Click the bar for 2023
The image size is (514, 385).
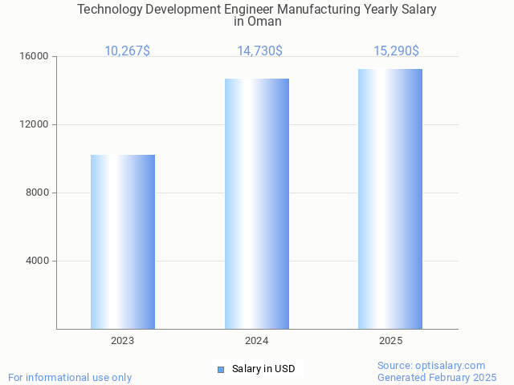coord(123,241)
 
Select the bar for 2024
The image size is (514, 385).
coord(257,204)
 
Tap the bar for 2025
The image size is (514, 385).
coord(390,199)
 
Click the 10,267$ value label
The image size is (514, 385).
coord(127,51)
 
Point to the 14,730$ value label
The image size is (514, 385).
coord(259,51)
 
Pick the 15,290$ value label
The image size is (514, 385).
coord(396,51)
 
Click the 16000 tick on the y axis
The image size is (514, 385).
coord(35,57)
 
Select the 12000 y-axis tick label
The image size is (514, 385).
coord(35,125)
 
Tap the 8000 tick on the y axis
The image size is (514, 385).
coord(37,193)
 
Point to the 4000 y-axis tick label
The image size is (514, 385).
coord(37,261)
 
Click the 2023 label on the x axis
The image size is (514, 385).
coord(123,341)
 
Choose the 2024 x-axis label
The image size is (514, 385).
coord(257,341)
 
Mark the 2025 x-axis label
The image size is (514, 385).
coord(390,341)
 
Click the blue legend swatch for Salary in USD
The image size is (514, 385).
coord(221,370)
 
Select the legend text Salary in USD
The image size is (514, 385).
coord(263,370)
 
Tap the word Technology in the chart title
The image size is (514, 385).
coord(108,10)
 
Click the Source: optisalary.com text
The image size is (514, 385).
coord(431,366)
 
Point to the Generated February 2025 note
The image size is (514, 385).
coord(437,378)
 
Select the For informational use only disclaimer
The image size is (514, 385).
coord(70,378)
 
